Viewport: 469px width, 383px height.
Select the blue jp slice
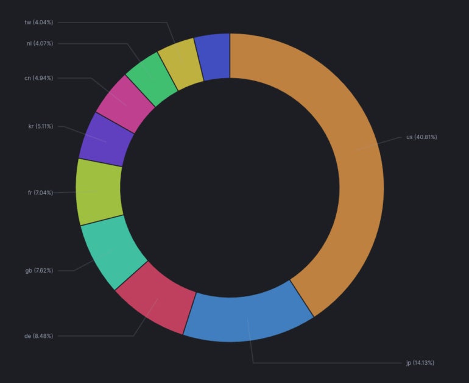pos(249,317)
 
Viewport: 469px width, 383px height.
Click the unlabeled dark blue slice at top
pos(213,56)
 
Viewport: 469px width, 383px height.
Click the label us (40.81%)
pos(421,137)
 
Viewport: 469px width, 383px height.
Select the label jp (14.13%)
pos(420,363)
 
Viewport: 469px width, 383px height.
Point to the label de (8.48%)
pos(38,336)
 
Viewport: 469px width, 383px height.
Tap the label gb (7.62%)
pos(39,270)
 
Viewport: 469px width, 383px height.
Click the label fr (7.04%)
pos(40,193)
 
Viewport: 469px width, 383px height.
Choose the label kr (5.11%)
pos(40,126)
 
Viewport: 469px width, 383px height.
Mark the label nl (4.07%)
pos(40,44)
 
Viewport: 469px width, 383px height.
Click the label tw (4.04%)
pos(39,23)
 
